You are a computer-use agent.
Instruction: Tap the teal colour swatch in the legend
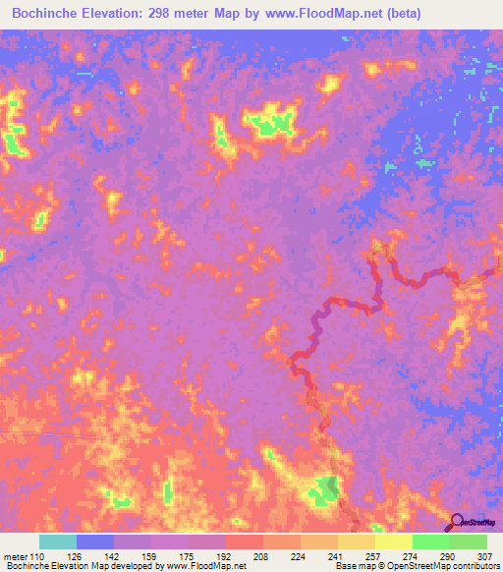click(58, 542)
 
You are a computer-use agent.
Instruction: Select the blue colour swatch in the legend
click(95, 542)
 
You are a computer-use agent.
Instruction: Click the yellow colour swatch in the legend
click(394, 542)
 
